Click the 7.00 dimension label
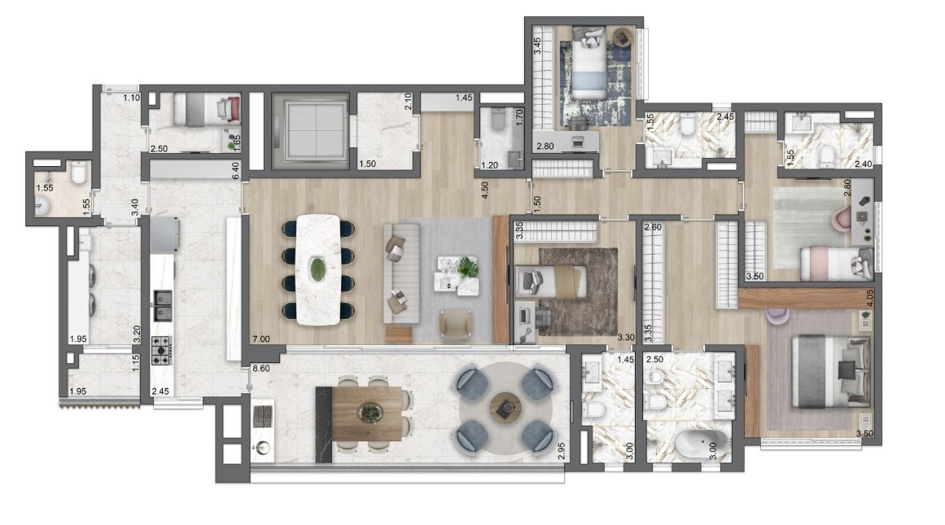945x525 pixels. (x=261, y=339)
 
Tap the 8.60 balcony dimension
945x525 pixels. (x=261, y=368)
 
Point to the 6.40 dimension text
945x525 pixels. (x=236, y=170)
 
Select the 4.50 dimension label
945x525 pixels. (x=484, y=190)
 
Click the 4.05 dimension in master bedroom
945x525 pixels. (x=868, y=299)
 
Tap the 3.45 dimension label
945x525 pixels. (x=537, y=46)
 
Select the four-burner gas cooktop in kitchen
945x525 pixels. (x=161, y=350)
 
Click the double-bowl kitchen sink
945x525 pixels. (x=162, y=305)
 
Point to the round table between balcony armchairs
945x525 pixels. (x=505, y=405)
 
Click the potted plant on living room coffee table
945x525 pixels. (x=467, y=267)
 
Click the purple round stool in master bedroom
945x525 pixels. (x=777, y=315)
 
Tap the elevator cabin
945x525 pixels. (x=310, y=131)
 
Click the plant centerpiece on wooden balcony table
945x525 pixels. (x=370, y=413)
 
